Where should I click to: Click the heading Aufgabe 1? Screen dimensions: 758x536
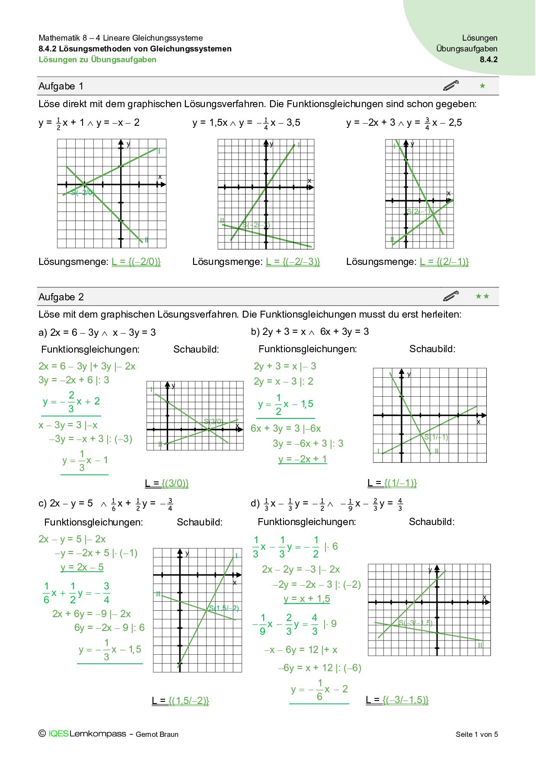pyautogui.click(x=61, y=86)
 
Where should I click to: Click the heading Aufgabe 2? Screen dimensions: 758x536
pyautogui.click(x=61, y=297)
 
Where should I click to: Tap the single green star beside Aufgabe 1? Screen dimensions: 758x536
pyautogui.click(x=482, y=86)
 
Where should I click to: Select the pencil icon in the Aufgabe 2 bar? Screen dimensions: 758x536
pyautogui.click(x=451, y=296)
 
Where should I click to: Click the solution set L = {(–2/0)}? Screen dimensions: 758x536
pyautogui.click(x=136, y=261)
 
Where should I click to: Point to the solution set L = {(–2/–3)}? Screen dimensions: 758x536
pyautogui.click(x=293, y=261)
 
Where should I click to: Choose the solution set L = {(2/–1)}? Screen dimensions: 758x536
pyautogui.click(x=444, y=261)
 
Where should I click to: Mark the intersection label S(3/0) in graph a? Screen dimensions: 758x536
pyautogui.click(x=214, y=421)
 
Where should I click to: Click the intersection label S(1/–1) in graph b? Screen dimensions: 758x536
pyautogui.click(x=436, y=437)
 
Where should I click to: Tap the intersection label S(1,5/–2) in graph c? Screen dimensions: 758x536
pyautogui.click(x=224, y=608)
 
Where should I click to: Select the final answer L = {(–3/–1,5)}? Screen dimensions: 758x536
pyautogui.click(x=397, y=700)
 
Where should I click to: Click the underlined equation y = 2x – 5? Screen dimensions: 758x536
pyautogui.click(x=82, y=567)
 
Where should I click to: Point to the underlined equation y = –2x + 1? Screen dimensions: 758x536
pyautogui.click(x=303, y=459)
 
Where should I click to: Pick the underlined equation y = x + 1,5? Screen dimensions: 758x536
pyautogui.click(x=307, y=599)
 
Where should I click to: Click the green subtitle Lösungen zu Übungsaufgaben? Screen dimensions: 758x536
pyautogui.click(x=98, y=60)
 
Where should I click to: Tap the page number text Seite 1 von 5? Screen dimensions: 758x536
pyautogui.click(x=477, y=734)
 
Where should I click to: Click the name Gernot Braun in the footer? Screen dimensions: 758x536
pyautogui.click(x=157, y=734)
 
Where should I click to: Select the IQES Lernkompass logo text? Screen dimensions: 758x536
pyautogui.click(x=87, y=733)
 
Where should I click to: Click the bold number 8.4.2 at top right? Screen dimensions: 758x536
pyautogui.click(x=488, y=60)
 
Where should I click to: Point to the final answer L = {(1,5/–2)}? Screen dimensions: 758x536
pyautogui.click(x=181, y=701)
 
